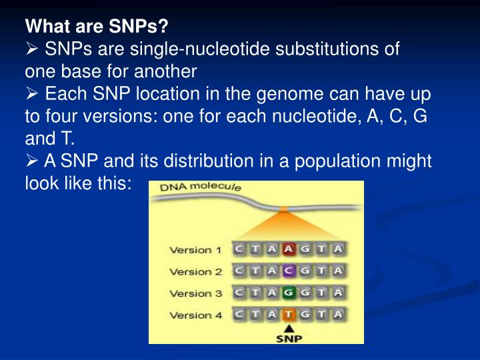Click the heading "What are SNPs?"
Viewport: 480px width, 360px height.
(x=97, y=27)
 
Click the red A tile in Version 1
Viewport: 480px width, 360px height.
(x=289, y=249)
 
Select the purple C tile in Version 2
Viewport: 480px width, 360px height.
(x=289, y=271)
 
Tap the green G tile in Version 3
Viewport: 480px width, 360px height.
(x=289, y=292)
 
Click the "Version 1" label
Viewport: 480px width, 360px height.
(x=195, y=250)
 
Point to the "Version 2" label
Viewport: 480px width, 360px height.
(x=195, y=271)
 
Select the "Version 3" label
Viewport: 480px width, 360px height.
(x=195, y=293)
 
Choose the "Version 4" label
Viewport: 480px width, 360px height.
(x=195, y=314)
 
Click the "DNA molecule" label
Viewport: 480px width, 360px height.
(x=200, y=189)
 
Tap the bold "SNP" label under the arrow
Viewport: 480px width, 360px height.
(x=289, y=338)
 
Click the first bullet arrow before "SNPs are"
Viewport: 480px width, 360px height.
(x=33, y=50)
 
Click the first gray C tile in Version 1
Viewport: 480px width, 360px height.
(x=239, y=249)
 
